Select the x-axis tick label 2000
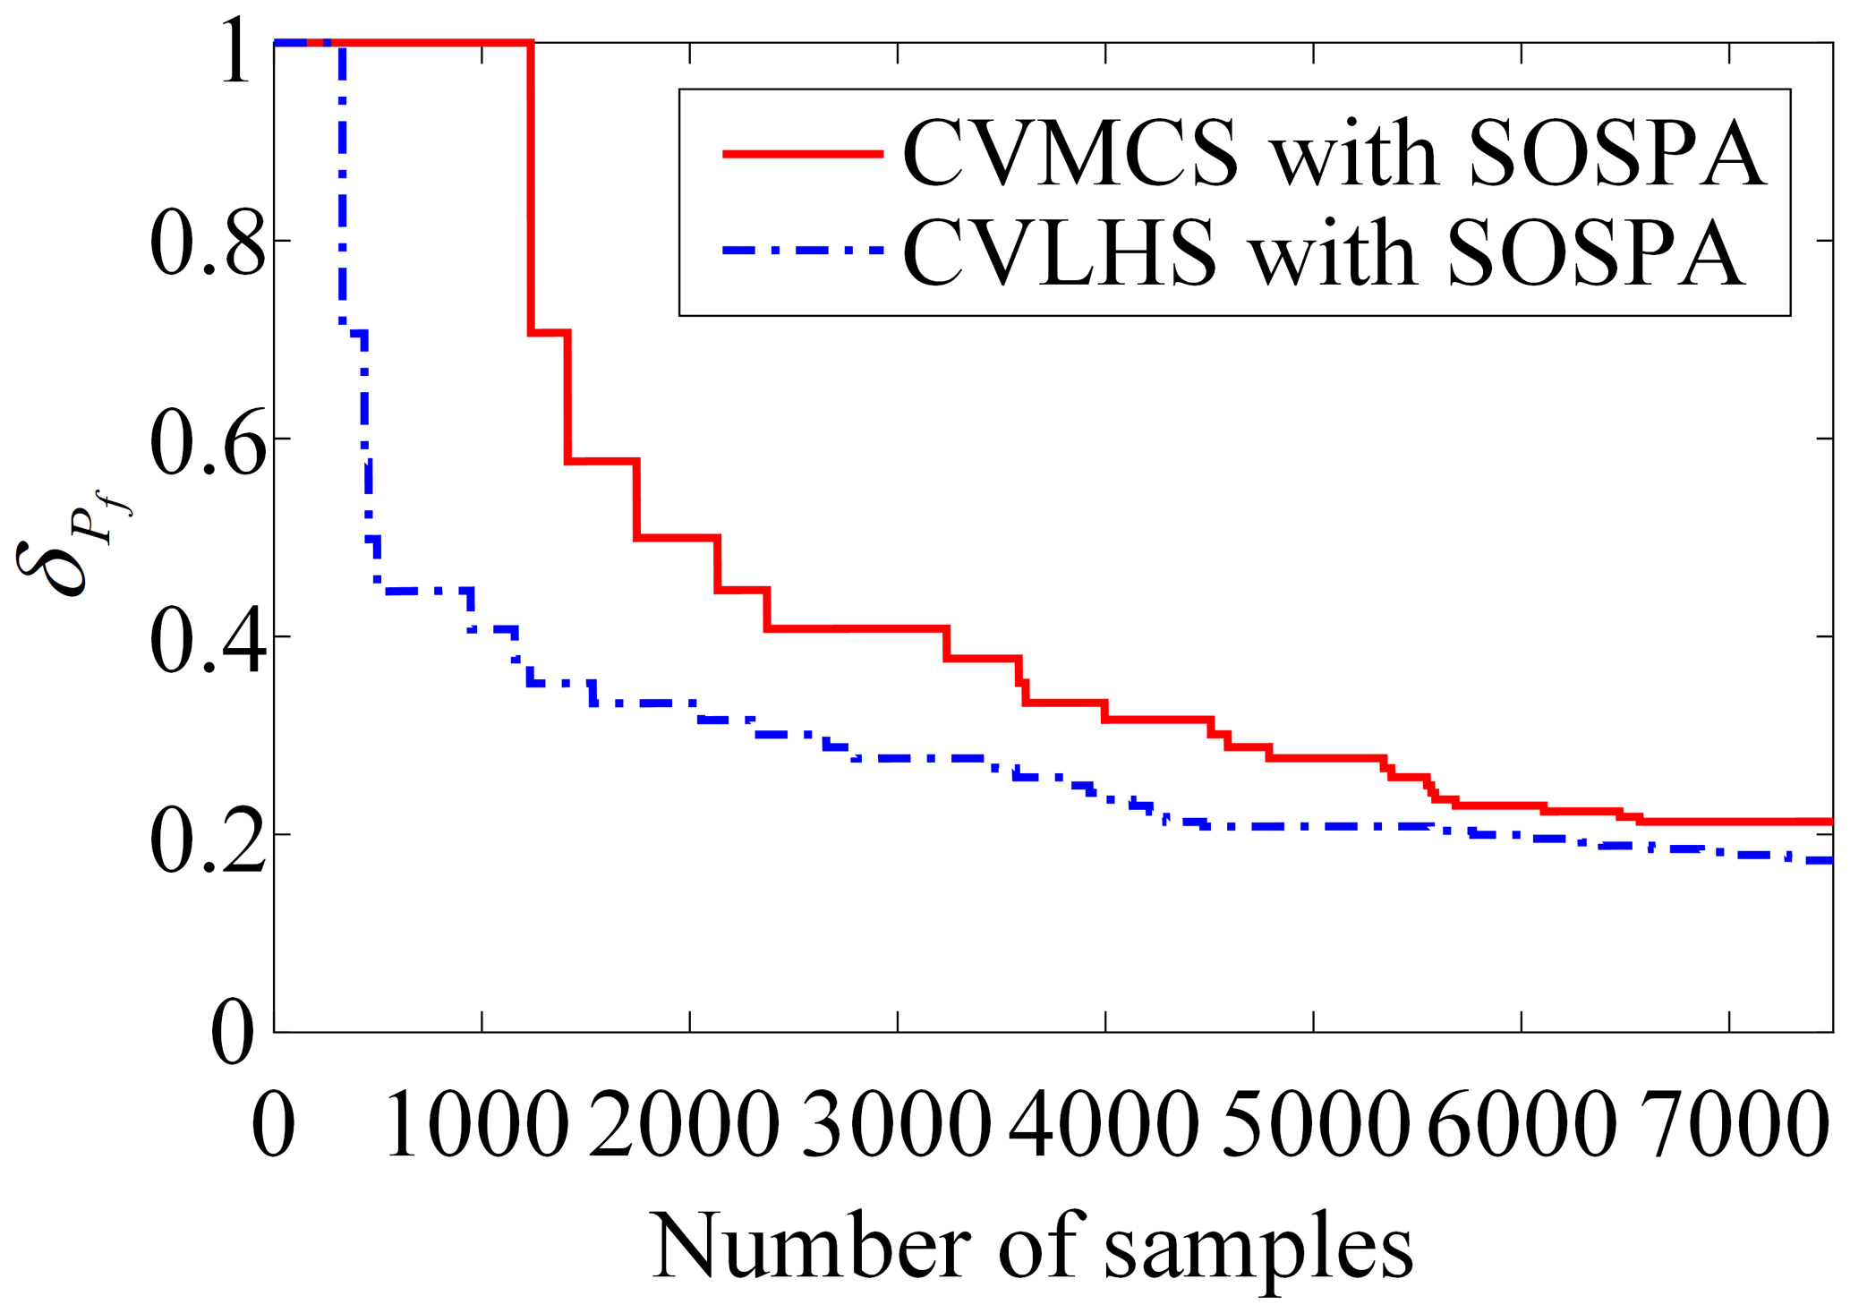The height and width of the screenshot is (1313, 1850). coord(684,1124)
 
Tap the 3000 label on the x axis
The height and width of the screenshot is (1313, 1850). coord(896,1124)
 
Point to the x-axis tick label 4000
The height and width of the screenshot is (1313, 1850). coord(1104,1124)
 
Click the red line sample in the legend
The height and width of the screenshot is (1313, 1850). coord(803,153)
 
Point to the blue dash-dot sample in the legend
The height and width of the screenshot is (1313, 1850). coord(803,252)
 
